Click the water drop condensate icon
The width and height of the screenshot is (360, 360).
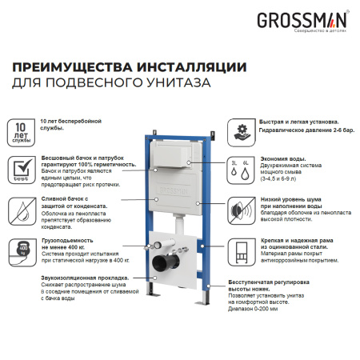point(21,210)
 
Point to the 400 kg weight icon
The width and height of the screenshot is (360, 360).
point(21,250)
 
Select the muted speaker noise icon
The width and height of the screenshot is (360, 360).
point(240,210)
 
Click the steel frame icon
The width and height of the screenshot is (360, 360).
point(240,250)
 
